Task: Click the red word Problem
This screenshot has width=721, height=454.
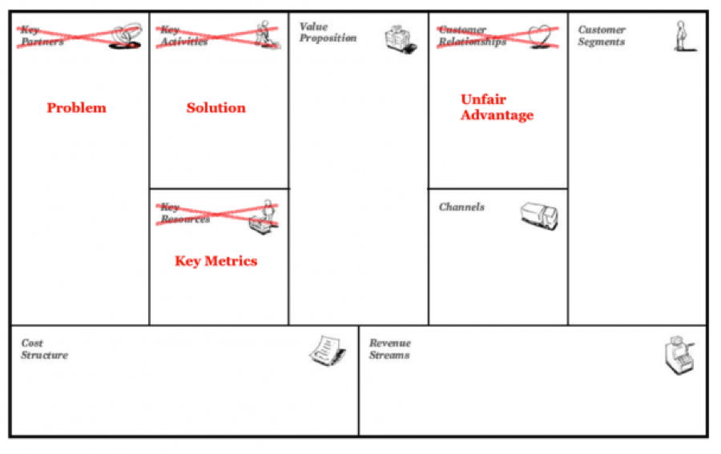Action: pyautogui.click(x=76, y=108)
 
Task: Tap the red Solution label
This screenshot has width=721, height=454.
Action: pyautogui.click(x=216, y=108)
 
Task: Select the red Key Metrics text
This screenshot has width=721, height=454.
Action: pyautogui.click(x=216, y=261)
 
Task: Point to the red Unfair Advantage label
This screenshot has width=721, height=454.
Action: pyautogui.click(x=497, y=107)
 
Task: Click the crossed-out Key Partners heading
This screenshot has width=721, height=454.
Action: pyautogui.click(x=41, y=36)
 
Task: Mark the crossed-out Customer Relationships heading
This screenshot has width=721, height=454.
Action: pyautogui.click(x=472, y=36)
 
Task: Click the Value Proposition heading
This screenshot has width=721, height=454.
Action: pyautogui.click(x=328, y=33)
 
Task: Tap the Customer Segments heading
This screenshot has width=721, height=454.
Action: pyautogui.click(x=602, y=36)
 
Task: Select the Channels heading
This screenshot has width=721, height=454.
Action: pyautogui.click(x=461, y=207)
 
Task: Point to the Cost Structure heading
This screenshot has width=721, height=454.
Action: pyautogui.click(x=45, y=349)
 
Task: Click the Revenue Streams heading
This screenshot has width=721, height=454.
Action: pyautogui.click(x=389, y=349)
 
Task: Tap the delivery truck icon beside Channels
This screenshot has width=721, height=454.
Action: pyautogui.click(x=538, y=214)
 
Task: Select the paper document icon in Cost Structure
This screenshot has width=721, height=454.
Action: pyautogui.click(x=328, y=350)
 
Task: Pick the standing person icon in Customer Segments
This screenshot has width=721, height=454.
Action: pyautogui.click(x=682, y=37)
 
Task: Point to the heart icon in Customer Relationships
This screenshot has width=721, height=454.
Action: pyautogui.click(x=543, y=36)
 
